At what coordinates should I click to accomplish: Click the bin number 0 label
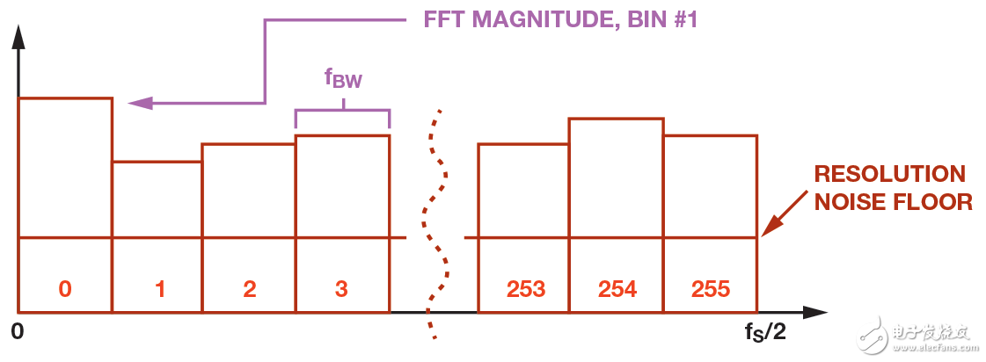point(65,289)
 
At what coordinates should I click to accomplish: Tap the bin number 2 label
point(249,289)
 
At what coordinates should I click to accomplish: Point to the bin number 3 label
point(342,289)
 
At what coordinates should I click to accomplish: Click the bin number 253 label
point(526,289)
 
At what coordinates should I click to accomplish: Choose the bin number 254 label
point(617,289)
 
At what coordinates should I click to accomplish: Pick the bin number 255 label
point(711,289)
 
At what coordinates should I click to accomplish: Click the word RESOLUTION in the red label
point(889,174)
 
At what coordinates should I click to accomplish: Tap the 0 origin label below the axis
point(18,332)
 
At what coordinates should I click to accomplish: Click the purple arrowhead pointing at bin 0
point(139,103)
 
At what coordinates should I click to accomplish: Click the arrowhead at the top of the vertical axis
point(18,38)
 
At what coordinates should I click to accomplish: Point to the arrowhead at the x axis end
point(814,312)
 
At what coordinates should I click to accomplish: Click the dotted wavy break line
point(436,224)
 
